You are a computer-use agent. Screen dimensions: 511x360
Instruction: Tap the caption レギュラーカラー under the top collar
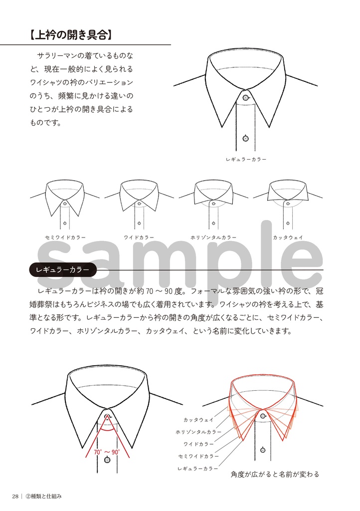point(246,159)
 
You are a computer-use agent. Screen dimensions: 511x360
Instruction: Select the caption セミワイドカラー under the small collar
point(65,238)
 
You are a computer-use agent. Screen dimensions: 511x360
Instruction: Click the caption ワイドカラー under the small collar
point(139,238)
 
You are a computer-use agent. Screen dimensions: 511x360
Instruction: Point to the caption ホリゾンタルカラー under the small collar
point(213,238)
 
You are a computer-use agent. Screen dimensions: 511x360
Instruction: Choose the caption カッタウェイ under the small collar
point(288,238)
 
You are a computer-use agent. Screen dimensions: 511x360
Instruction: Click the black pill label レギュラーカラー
point(63,269)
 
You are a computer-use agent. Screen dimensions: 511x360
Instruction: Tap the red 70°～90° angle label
point(107,452)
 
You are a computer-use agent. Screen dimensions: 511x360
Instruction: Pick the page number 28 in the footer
point(16,496)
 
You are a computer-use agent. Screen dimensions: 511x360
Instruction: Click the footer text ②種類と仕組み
point(43,496)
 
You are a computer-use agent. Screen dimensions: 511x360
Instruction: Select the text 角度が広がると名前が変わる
point(275,474)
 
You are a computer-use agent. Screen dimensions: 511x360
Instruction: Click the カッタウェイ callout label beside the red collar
point(198,420)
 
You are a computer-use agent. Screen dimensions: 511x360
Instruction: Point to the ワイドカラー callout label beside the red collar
point(199,444)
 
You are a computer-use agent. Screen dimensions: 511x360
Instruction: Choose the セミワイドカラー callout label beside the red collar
point(198,456)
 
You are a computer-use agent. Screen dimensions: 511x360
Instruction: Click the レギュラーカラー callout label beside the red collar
point(198,469)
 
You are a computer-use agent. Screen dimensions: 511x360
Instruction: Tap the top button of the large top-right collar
point(246,97)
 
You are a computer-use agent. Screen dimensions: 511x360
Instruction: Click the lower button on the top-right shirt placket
point(246,138)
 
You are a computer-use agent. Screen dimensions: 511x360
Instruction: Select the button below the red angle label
point(107,460)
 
